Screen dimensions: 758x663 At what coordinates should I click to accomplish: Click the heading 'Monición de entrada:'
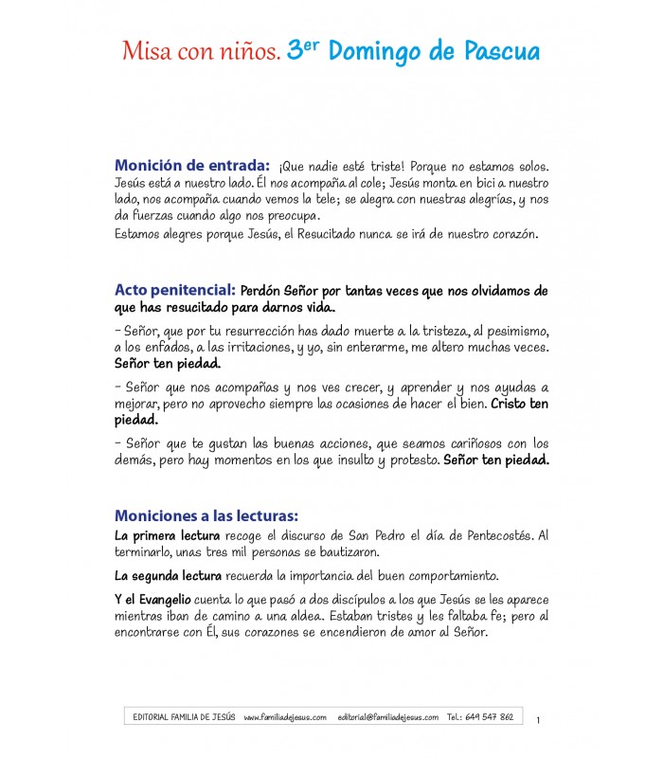[x=191, y=164]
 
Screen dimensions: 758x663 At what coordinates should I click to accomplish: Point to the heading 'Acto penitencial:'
[x=174, y=289]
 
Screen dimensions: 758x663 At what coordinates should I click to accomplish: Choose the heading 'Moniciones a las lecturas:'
[x=206, y=515]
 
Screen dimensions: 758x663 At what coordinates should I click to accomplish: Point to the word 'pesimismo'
[x=515, y=331]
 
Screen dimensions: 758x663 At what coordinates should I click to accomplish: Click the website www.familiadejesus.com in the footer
[x=284, y=717]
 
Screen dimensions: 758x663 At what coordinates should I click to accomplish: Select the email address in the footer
[x=387, y=717]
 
